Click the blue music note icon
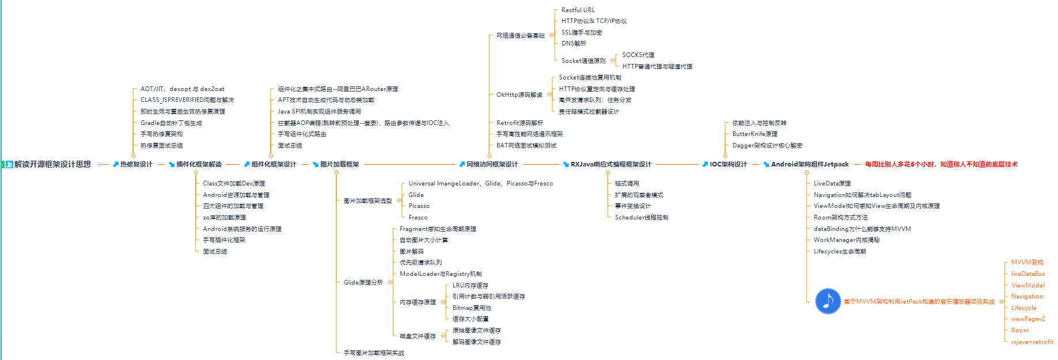pyautogui.click(x=828, y=301)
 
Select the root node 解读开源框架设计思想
pyautogui.click(x=52, y=164)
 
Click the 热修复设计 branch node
pyautogui.click(x=136, y=164)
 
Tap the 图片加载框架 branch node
pyautogui.click(x=339, y=164)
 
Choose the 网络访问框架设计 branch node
pyautogui.click(x=492, y=164)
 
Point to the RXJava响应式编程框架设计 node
pyautogui.click(x=610, y=164)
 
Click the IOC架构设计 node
pyautogui.click(x=728, y=164)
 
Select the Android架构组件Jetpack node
pyautogui.click(x=809, y=164)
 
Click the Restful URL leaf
pyautogui.click(x=578, y=10)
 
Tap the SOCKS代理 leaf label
pyautogui.click(x=638, y=55)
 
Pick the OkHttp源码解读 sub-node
pyautogui.click(x=519, y=94)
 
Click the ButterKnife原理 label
pyautogui.click(x=754, y=134)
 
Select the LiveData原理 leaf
pyautogui.click(x=832, y=183)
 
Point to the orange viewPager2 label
pyautogui.click(x=1027, y=319)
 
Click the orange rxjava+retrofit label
pyautogui.click(x=1032, y=342)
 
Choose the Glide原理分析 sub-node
pyautogui.click(x=363, y=282)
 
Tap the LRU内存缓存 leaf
pyautogui.click(x=470, y=285)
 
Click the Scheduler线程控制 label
pyautogui.click(x=641, y=217)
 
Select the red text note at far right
pyautogui.click(x=941, y=164)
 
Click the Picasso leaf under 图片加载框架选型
pyautogui.click(x=419, y=206)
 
